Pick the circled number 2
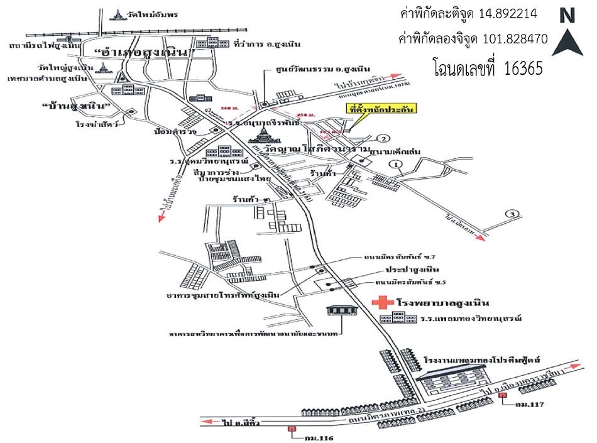384,139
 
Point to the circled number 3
513,214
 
